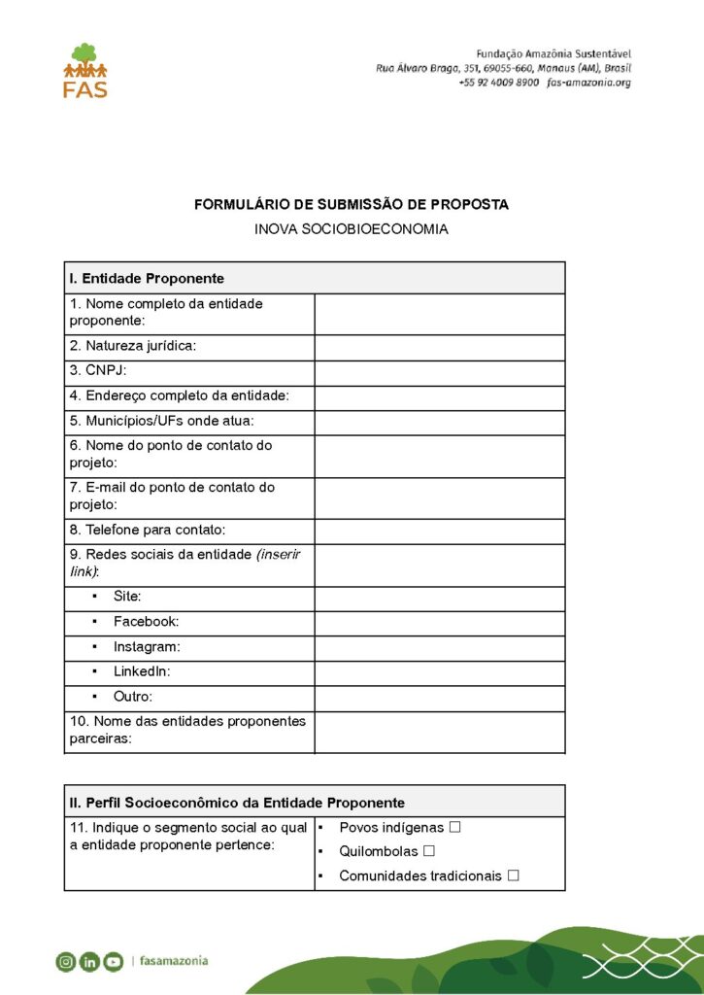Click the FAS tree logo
pyautogui.click(x=84, y=70)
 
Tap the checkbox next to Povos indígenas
pyautogui.click(x=454, y=828)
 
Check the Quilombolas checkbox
pyautogui.click(x=428, y=851)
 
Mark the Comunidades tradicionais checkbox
pyautogui.click(x=513, y=875)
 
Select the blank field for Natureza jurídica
pyautogui.click(x=439, y=348)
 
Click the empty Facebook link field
pyautogui.click(x=439, y=623)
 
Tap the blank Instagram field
pyautogui.click(x=439, y=648)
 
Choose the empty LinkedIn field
pyautogui.click(x=439, y=673)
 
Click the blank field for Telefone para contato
pyautogui.click(x=439, y=532)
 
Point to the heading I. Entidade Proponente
pyautogui.click(x=147, y=279)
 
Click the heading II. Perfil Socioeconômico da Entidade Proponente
pyautogui.click(x=237, y=803)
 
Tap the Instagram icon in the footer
pyautogui.click(x=66, y=962)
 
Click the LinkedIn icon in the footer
pyautogui.click(x=89, y=962)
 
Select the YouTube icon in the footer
pyautogui.click(x=114, y=962)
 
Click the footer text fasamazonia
pyautogui.click(x=174, y=961)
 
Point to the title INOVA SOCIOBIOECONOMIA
pyautogui.click(x=352, y=230)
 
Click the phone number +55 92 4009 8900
pyautogui.click(x=498, y=84)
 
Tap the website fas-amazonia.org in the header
pyautogui.click(x=588, y=84)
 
